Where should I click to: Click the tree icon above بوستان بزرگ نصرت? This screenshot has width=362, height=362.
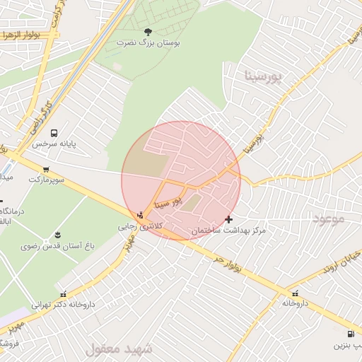point(148,31)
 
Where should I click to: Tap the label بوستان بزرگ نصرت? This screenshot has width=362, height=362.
point(148,42)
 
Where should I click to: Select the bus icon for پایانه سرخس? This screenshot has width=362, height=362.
point(54,132)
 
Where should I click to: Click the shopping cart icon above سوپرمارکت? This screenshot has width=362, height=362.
point(46,169)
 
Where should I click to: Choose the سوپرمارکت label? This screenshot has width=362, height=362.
point(47,180)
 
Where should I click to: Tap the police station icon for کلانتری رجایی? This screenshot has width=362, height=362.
point(141,215)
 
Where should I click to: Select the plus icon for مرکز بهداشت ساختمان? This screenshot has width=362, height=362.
point(228,220)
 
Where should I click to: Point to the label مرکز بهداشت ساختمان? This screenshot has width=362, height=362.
point(228,231)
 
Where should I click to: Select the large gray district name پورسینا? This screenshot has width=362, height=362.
point(268,76)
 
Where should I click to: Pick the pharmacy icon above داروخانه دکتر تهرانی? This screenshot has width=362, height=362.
point(64,293)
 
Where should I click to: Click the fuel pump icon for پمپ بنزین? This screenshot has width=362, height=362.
point(351,334)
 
